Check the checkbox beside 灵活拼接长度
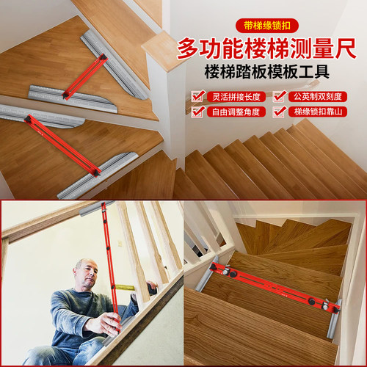(x=197, y=96)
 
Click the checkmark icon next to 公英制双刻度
(x=280, y=96)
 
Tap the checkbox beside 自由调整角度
(x=197, y=112)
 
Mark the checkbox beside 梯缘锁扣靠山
(x=280, y=112)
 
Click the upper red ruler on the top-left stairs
(x=84, y=75)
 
